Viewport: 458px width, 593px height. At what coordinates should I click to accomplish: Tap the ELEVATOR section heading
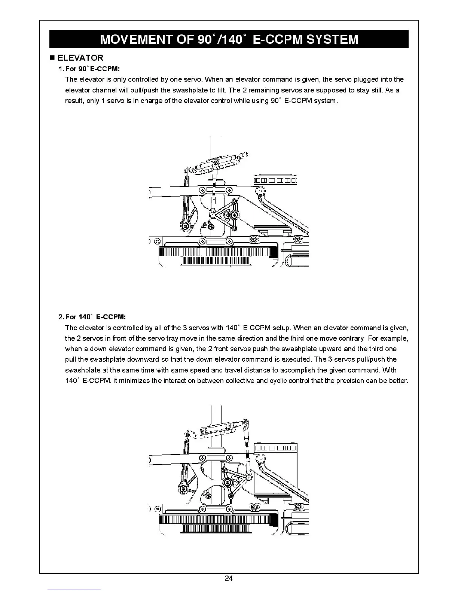click(x=80, y=58)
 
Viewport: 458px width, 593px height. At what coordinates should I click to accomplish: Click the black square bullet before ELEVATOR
click(x=52, y=58)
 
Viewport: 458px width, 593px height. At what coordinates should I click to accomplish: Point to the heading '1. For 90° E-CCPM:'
click(x=89, y=69)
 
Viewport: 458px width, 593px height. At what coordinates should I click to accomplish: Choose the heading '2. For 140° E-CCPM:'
click(x=92, y=317)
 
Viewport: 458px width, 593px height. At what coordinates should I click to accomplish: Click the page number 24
click(x=229, y=578)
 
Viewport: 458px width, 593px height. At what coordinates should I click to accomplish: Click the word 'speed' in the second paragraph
click(x=200, y=370)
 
